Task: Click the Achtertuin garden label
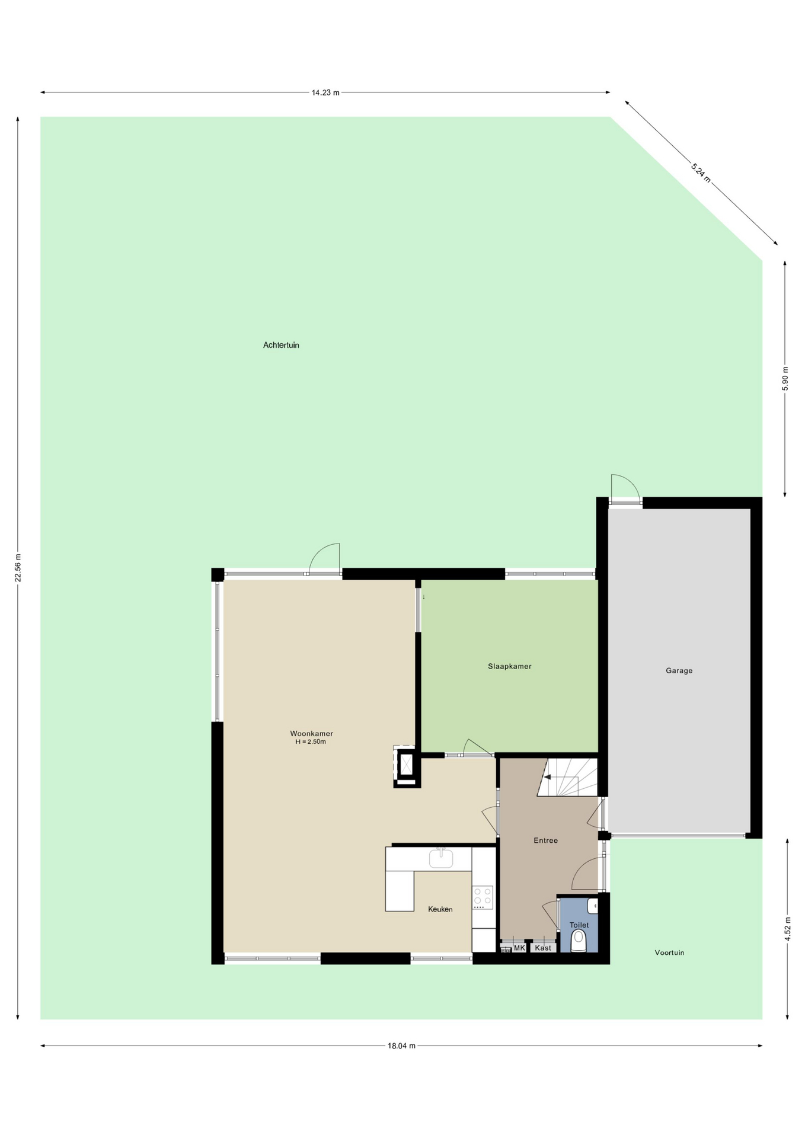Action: [x=281, y=345]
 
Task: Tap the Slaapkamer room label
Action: [x=510, y=666]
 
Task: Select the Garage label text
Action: [x=679, y=671]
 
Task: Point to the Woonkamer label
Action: [x=311, y=734]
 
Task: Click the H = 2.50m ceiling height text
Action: [x=311, y=741]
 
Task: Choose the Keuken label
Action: [x=440, y=909]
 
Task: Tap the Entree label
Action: [x=545, y=840]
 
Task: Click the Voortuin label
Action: [x=669, y=953]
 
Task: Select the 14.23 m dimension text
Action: [x=325, y=92]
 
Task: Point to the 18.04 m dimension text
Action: [x=401, y=1046]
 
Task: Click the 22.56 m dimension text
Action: [x=18, y=568]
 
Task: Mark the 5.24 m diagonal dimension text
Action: [x=701, y=172]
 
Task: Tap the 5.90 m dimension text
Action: [x=785, y=379]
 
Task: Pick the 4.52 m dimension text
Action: [x=787, y=929]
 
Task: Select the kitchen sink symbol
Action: [x=441, y=858]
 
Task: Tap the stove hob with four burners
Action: [x=483, y=897]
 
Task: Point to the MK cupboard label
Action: [x=519, y=948]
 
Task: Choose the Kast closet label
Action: [x=543, y=948]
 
